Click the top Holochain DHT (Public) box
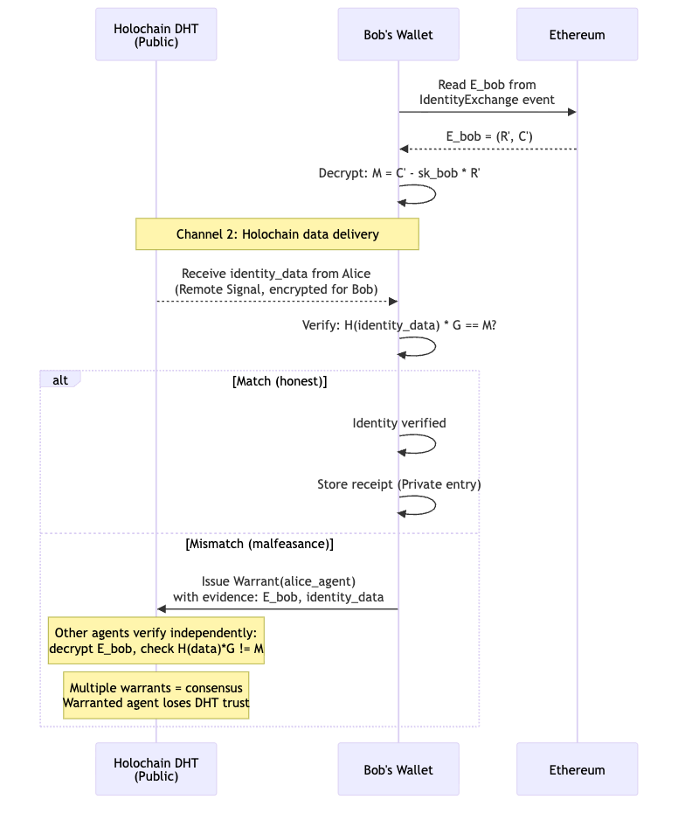pos(156,35)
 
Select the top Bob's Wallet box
pos(398,35)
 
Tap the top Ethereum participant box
pos(577,35)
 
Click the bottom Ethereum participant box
pos(577,769)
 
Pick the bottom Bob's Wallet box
pos(398,769)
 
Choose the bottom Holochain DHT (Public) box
pos(156,769)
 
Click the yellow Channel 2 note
pos(277,234)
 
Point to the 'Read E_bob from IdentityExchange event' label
pos(487,93)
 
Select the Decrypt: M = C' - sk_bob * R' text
pos(399,173)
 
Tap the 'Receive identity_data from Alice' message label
pos(276,281)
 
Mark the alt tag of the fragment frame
pos(60,380)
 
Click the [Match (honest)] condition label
pos(280,381)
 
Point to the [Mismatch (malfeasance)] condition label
pos(259,544)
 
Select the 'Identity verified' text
pos(399,423)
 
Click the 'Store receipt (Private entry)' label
pos(399,484)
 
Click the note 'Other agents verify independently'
pos(156,641)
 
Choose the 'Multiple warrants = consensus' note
pos(156,695)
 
